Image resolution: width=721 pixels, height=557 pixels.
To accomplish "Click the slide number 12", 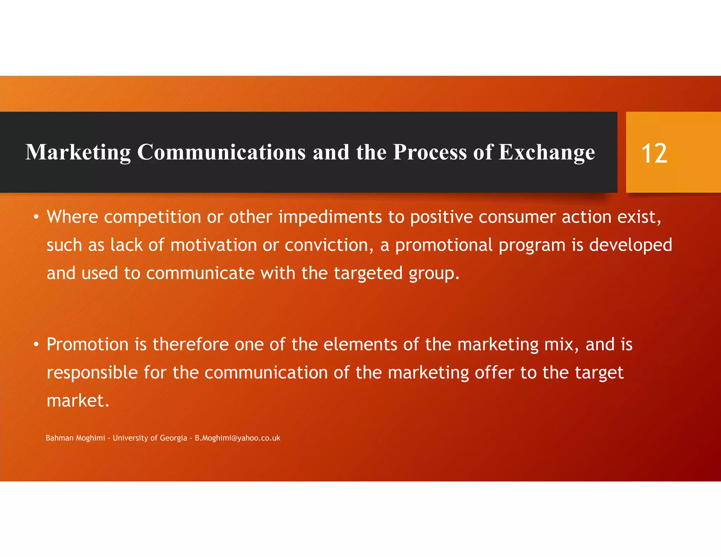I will [x=654, y=154].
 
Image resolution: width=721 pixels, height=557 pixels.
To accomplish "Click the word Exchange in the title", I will [x=547, y=152].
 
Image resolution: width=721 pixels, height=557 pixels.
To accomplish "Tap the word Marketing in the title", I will [x=78, y=152].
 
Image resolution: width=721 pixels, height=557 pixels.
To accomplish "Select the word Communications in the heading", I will [x=221, y=152].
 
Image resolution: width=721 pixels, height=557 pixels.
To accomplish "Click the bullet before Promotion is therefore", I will [x=36, y=345].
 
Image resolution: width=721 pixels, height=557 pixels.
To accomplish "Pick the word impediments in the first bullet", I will [x=330, y=217].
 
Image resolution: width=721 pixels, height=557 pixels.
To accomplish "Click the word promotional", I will [x=444, y=245].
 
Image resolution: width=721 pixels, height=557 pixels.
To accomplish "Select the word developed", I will [x=631, y=245].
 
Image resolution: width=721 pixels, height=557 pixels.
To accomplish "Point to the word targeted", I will [x=368, y=273].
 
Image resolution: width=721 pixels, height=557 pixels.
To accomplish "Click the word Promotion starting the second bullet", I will [x=87, y=344].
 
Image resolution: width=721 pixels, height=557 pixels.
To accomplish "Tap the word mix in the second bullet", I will [x=559, y=344].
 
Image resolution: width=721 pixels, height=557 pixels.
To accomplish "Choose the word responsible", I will [x=92, y=373].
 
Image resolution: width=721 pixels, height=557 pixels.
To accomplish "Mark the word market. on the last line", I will [x=78, y=401].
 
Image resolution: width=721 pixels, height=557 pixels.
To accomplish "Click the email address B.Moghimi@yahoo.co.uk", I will [x=238, y=438].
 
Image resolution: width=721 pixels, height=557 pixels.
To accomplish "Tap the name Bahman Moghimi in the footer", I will [x=75, y=438].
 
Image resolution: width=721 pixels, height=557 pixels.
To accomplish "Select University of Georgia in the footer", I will [x=150, y=438].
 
